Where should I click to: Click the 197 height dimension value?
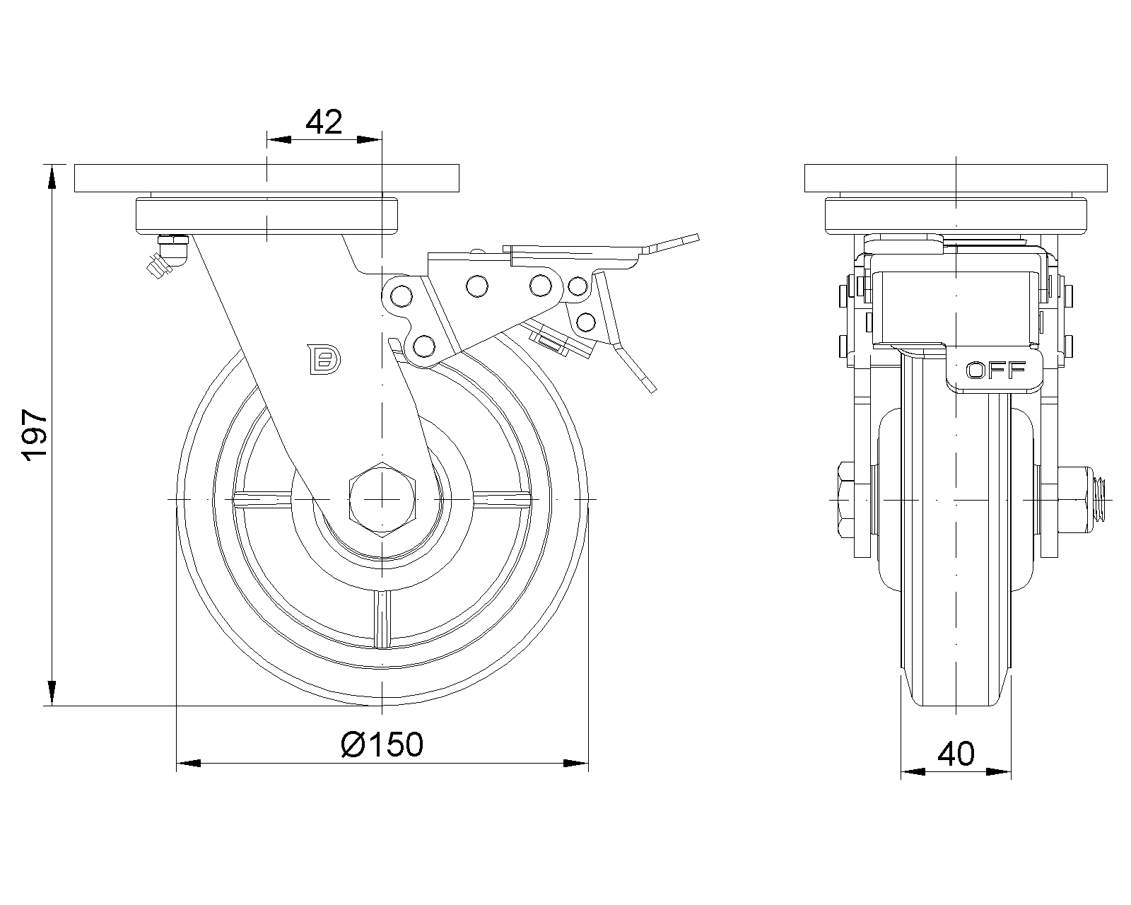coord(34,436)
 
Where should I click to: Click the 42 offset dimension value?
coord(324,122)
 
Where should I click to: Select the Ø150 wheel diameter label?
coord(382,745)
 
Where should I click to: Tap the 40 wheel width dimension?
coord(956,754)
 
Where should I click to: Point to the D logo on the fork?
coord(324,360)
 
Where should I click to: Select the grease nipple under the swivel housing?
coord(167,256)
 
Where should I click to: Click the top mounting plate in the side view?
coord(956,178)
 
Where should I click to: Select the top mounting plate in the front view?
coord(266,178)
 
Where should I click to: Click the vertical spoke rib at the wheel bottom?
coord(382,619)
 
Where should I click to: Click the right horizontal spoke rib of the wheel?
coord(501,499)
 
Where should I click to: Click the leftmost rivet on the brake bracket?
coord(401,296)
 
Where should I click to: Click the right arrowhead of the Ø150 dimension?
coord(576,763)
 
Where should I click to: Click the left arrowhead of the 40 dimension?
coord(913,772)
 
